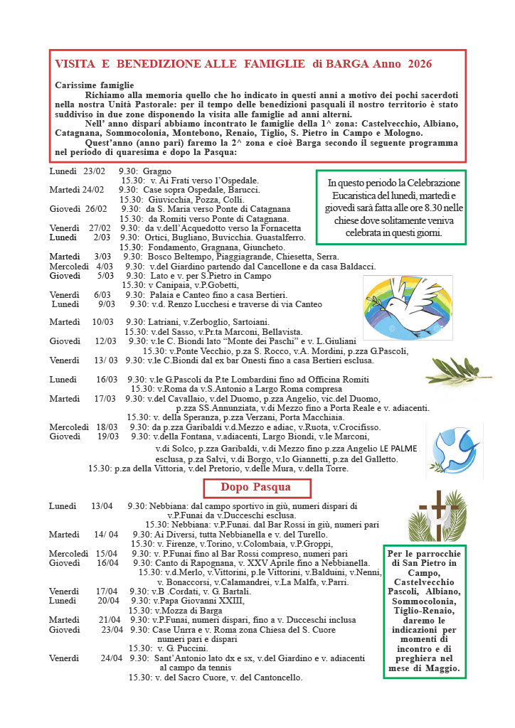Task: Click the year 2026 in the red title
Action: click(420, 64)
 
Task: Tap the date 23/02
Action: click(94, 171)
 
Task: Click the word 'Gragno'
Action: click(157, 171)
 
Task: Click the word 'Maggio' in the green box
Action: click(442, 669)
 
